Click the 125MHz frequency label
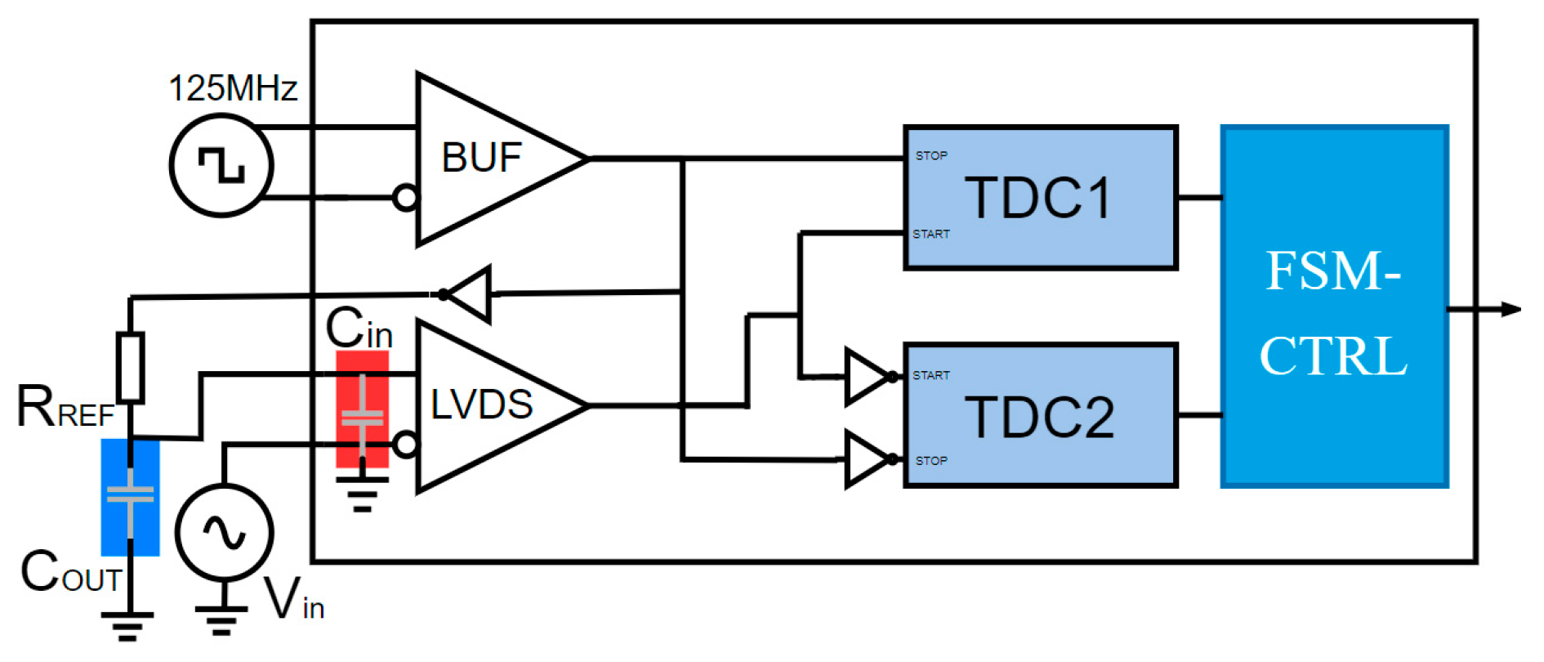coord(233,88)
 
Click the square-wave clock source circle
coord(221,165)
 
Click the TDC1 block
coord(1040,198)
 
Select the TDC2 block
coord(1040,416)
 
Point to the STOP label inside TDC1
coord(931,155)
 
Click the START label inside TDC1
coord(931,234)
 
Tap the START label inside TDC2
coord(931,375)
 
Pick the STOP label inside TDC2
coord(931,461)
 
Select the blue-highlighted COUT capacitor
coord(130,497)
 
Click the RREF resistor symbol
coord(130,368)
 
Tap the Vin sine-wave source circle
coord(224,533)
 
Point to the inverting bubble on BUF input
coord(405,198)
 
